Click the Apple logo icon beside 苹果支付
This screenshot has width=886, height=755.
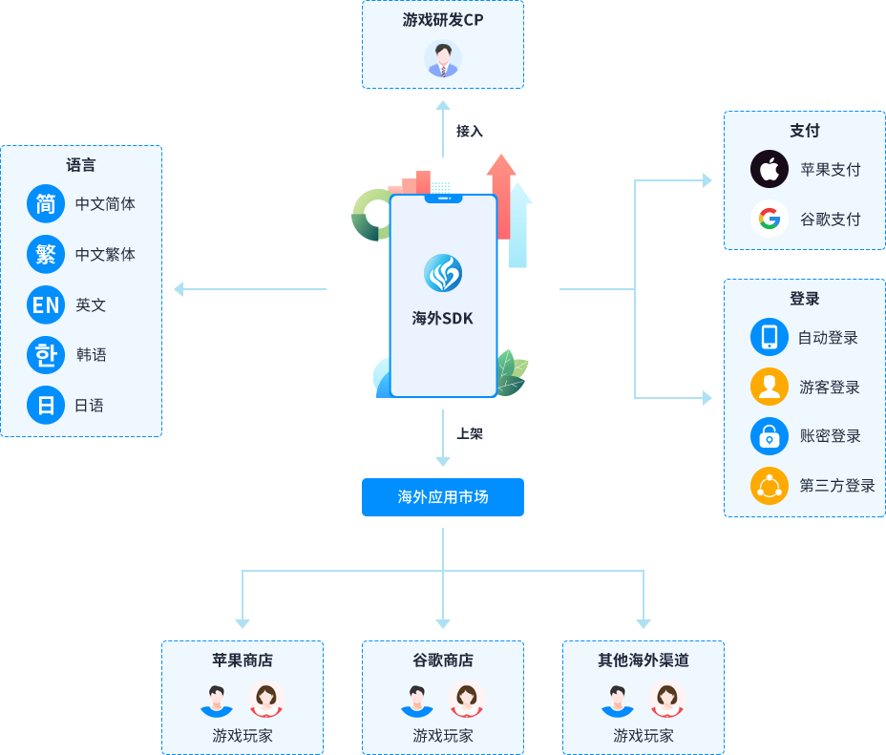pyautogui.click(x=769, y=169)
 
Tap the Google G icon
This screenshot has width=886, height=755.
pyautogui.click(x=769, y=219)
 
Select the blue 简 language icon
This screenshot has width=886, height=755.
pyautogui.click(x=45, y=203)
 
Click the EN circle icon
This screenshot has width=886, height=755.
pyautogui.click(x=45, y=304)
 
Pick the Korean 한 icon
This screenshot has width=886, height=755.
pyautogui.click(x=45, y=354)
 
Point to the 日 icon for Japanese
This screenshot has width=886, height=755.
pyautogui.click(x=45, y=405)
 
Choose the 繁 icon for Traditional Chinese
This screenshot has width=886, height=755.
pyautogui.click(x=45, y=254)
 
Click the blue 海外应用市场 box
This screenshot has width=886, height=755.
pyautogui.click(x=442, y=496)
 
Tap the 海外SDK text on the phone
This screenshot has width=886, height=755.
pyautogui.click(x=442, y=319)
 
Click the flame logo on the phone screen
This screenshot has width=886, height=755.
pyautogui.click(x=442, y=273)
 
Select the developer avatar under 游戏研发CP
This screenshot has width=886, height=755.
pyautogui.click(x=442, y=59)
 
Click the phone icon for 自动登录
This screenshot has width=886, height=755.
pyautogui.click(x=769, y=336)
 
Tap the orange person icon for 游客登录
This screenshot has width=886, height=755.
pyautogui.click(x=769, y=387)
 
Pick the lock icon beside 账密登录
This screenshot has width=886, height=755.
pyautogui.click(x=769, y=435)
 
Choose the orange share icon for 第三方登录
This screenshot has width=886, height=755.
pyautogui.click(x=769, y=485)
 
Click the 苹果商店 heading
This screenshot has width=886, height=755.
pyautogui.click(x=242, y=660)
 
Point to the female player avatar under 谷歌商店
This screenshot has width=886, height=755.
pyautogui.click(x=466, y=700)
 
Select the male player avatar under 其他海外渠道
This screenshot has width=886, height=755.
pyautogui.click(x=618, y=700)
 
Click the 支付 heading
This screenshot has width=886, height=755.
pyautogui.click(x=804, y=131)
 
